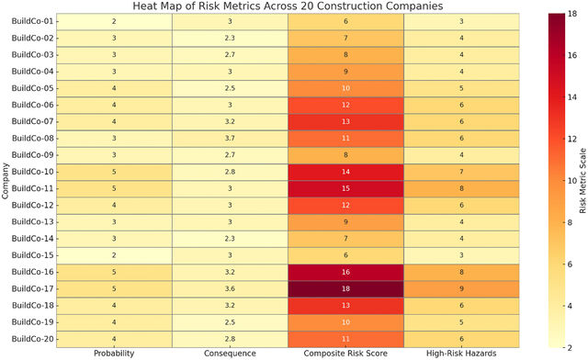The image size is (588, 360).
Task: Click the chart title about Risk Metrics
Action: [288, 6]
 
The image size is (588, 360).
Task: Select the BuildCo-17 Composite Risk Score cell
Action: [345, 288]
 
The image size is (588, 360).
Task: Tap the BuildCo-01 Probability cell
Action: [114, 21]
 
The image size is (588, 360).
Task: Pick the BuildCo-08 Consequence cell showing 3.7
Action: [230, 139]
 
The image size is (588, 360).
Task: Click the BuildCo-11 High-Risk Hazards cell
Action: [461, 188]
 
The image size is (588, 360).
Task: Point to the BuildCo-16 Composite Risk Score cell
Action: [345, 272]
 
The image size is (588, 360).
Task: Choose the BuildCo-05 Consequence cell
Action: [230, 88]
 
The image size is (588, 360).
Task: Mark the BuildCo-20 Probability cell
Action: [114, 339]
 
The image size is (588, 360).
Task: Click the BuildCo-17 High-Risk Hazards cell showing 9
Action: [461, 288]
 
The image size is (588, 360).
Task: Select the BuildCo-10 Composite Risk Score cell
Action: [345, 172]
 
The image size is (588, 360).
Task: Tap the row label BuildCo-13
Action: [33, 222]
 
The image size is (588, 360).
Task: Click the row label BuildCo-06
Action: [33, 105]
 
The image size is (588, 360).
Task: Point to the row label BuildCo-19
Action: [33, 322]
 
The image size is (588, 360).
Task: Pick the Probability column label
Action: [114, 354]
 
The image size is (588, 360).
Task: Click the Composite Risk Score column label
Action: [345, 354]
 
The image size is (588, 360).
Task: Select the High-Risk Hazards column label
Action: [461, 354]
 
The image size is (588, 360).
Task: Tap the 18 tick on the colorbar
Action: [572, 14]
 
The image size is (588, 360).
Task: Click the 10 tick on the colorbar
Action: [572, 181]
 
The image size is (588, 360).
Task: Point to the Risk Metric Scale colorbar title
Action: [582, 181]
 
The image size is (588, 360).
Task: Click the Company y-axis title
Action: [5, 181]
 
